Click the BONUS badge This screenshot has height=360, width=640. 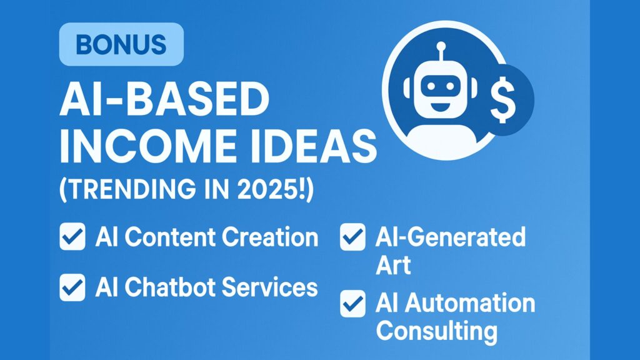[121, 44]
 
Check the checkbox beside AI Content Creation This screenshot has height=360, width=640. [72, 236]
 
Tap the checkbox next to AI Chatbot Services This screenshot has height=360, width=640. [72, 287]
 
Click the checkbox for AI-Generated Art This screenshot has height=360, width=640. [352, 237]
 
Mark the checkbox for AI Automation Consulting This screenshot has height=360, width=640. [352, 304]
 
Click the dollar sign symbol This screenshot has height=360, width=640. [502, 99]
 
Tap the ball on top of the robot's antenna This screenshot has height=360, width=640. [441, 46]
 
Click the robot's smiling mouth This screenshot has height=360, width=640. [440, 107]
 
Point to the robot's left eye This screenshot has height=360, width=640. [429, 86]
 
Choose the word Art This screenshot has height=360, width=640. [393, 265]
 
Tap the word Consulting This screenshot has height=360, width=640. [437, 331]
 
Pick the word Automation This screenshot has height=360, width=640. [470, 303]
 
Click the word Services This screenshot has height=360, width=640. [270, 287]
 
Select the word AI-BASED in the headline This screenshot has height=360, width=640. [164, 99]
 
